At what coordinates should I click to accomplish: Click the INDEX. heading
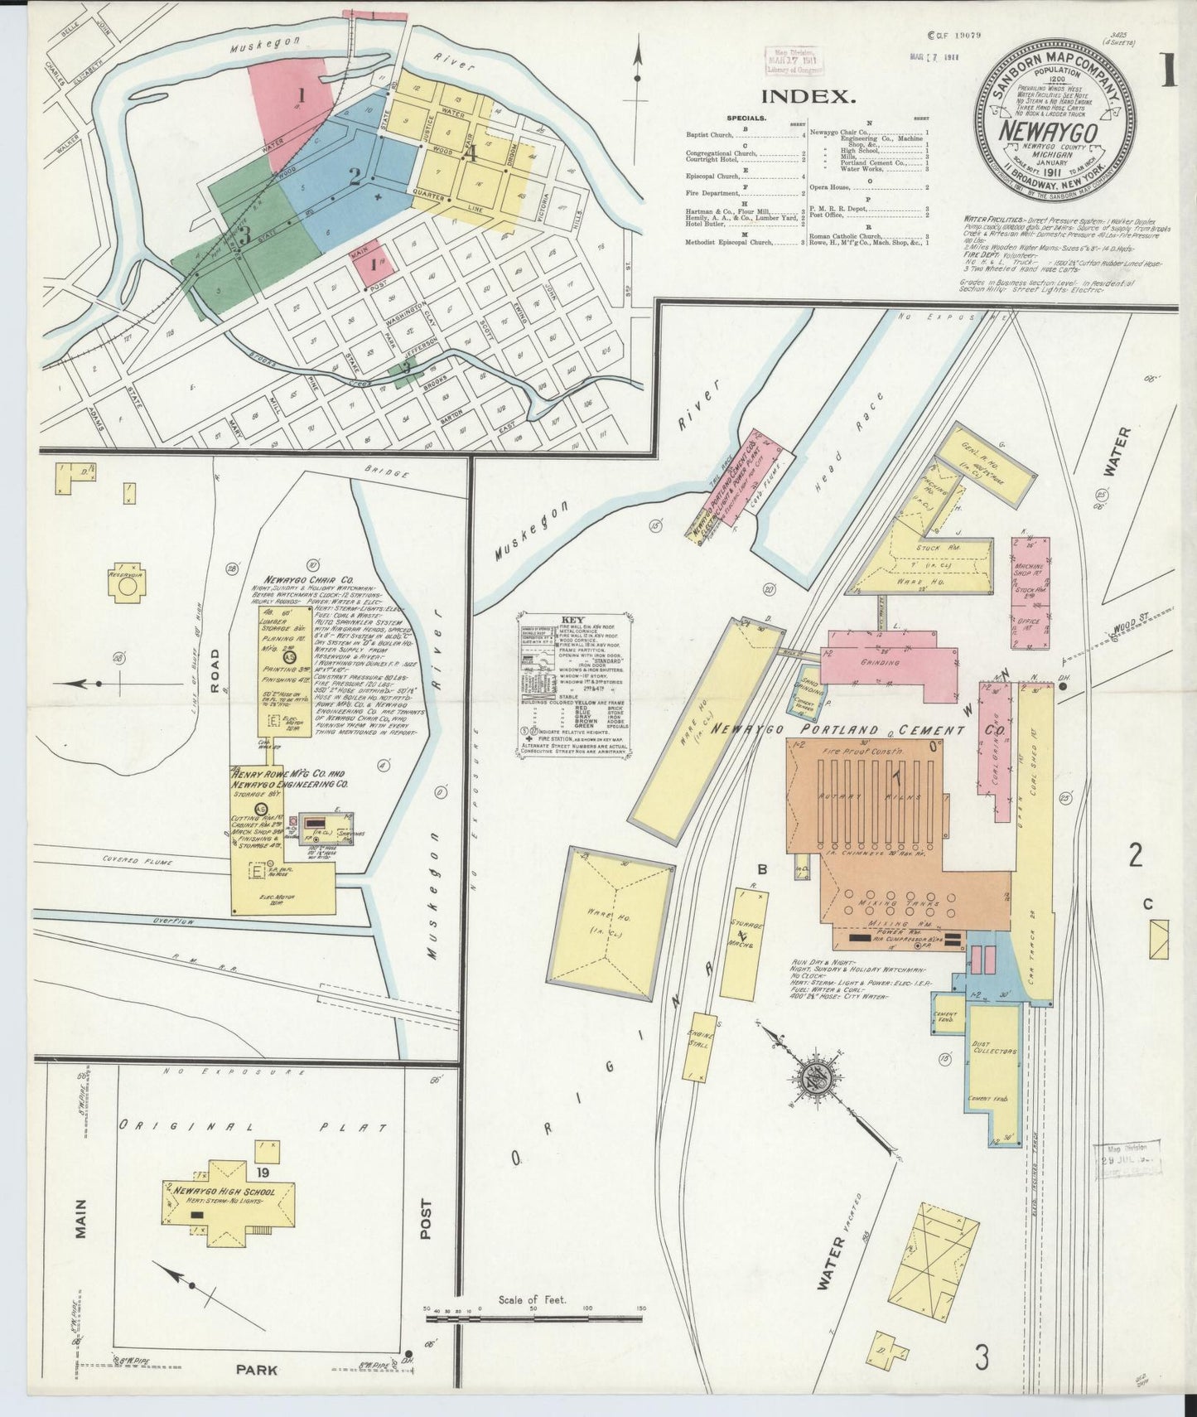click(808, 96)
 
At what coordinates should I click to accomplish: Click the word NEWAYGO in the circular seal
click(1049, 133)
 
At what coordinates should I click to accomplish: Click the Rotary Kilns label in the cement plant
click(875, 798)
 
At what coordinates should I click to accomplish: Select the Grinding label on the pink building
click(881, 663)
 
